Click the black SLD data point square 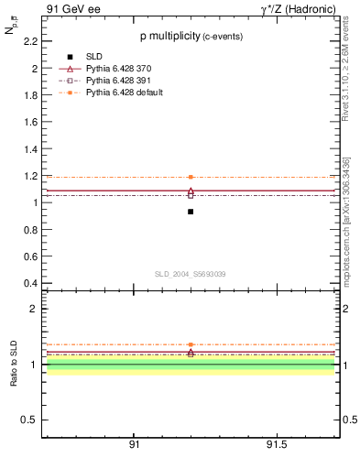click(x=191, y=212)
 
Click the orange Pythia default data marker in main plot click(x=191, y=177)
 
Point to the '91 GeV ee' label click(x=71, y=10)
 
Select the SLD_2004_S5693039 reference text click(x=190, y=274)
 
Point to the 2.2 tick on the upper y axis click(x=31, y=41)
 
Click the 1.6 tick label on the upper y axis click(x=31, y=122)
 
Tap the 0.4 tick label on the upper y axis click(x=31, y=283)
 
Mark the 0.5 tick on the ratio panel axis click(x=30, y=420)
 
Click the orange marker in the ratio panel click(x=191, y=344)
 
